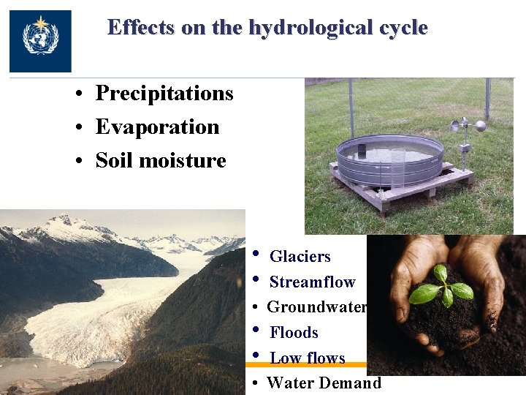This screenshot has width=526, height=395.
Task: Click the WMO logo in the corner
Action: (40, 41)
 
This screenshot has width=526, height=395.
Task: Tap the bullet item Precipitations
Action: (164, 94)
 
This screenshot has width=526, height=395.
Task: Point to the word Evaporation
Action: (157, 127)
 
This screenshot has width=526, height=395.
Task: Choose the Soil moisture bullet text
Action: (161, 161)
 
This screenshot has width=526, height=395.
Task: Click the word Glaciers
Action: (300, 257)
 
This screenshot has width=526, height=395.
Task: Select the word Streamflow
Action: (312, 282)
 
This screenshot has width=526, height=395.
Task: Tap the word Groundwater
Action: (316, 307)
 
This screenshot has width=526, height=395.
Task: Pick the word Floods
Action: (294, 333)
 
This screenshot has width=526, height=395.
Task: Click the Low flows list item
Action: (307, 358)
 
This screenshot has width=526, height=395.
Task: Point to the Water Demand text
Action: (324, 383)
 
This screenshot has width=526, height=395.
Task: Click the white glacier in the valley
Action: (95, 315)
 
